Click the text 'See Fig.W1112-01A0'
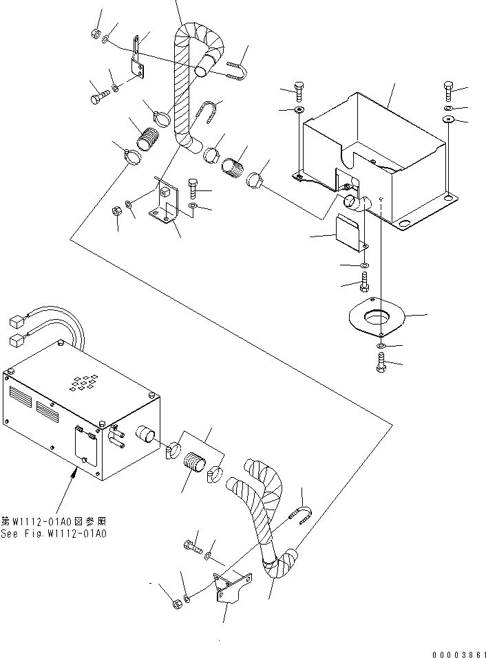point(59,534)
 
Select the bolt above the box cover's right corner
point(449,90)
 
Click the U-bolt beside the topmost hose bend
point(235,70)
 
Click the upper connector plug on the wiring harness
point(17,321)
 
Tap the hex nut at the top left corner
point(96,34)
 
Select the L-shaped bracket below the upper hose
point(167,206)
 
